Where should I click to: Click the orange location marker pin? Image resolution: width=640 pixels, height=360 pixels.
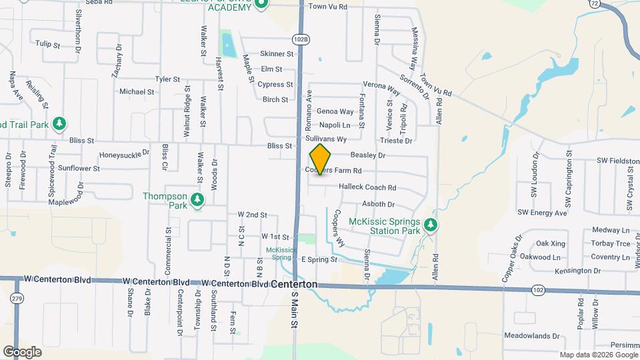click(x=320, y=159)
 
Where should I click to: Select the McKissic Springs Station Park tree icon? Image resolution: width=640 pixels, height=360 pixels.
click(x=431, y=226)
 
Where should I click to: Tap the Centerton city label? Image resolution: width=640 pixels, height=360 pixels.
click(x=294, y=284)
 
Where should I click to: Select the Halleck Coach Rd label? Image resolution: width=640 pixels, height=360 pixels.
click(x=367, y=187)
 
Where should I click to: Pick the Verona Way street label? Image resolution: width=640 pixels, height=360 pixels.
click(x=381, y=85)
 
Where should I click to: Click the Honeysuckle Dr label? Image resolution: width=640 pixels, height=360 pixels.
click(x=125, y=155)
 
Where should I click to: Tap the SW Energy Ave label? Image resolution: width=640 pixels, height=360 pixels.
click(x=542, y=213)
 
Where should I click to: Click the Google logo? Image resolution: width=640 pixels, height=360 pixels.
click(x=22, y=351)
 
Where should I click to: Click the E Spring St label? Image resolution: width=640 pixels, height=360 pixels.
click(x=319, y=259)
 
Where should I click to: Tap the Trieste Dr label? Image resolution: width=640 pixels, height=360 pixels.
click(x=396, y=141)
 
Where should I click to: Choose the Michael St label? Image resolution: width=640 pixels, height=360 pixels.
click(x=137, y=92)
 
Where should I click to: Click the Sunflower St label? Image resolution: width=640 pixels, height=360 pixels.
click(x=79, y=169)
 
